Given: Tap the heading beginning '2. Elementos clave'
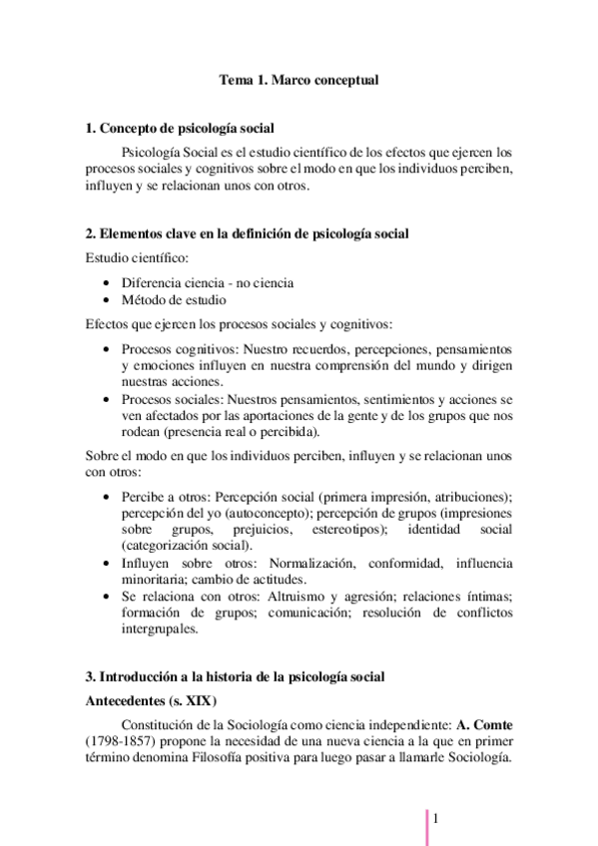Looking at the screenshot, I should click(x=247, y=233).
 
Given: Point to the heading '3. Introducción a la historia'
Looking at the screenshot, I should click(x=243, y=676).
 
